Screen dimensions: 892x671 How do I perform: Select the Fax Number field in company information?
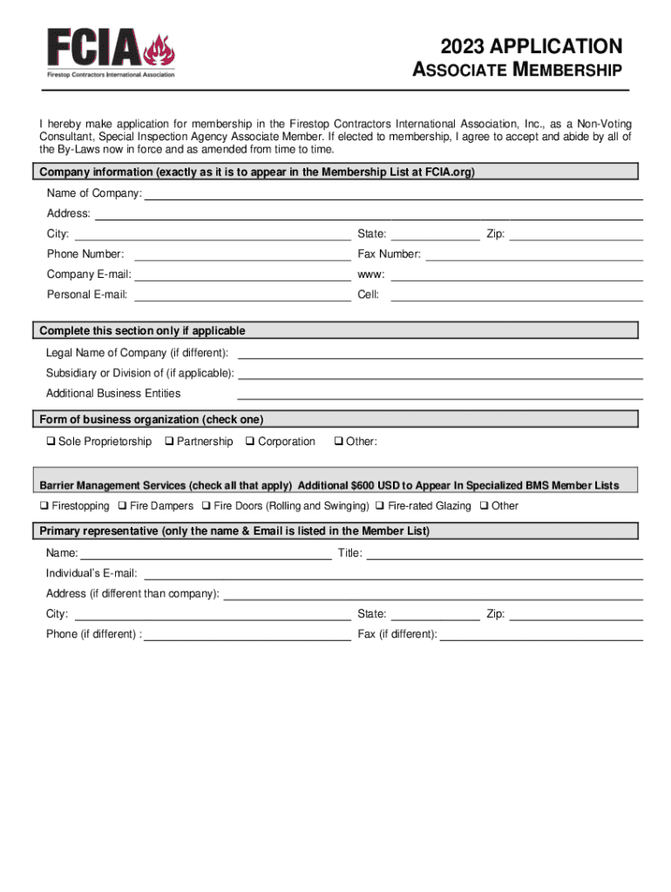pos(533,254)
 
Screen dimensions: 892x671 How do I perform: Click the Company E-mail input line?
pos(243,274)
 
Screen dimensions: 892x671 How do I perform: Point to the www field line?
pos(516,274)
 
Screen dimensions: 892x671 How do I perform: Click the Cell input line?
pos(516,295)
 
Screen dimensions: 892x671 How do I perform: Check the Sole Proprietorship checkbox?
pos(51,442)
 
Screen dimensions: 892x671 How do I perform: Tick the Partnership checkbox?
pos(170,442)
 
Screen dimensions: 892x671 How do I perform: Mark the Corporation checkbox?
pos(251,442)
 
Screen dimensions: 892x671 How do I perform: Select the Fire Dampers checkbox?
pos(123,506)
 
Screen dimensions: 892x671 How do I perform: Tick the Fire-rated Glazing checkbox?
pos(381,506)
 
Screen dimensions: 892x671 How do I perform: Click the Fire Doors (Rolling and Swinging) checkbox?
pos(207,506)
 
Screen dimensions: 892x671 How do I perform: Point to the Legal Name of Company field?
pos(440,354)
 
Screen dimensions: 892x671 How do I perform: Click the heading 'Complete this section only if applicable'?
pos(142,331)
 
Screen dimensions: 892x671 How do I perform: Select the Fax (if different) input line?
pos(541,635)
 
